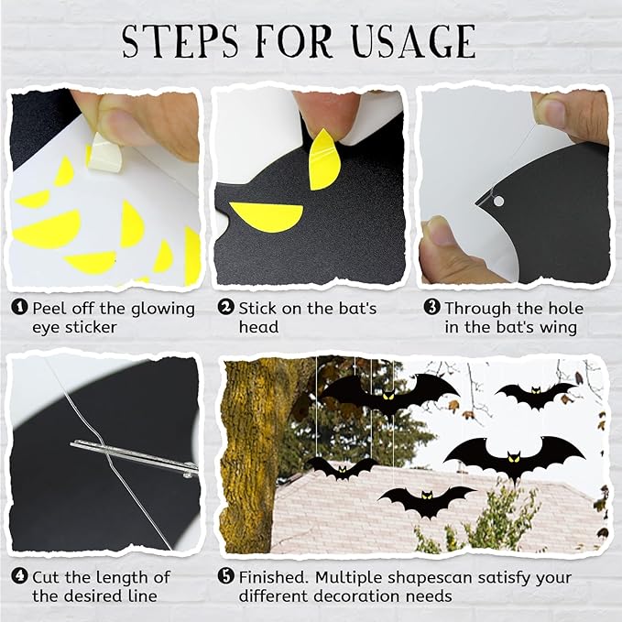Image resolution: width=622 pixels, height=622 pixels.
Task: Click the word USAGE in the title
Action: pyautogui.click(x=414, y=41)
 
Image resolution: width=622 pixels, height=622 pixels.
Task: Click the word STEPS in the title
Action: pyautogui.click(x=180, y=41)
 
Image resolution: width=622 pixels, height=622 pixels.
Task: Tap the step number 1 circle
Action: pyautogui.click(x=19, y=308)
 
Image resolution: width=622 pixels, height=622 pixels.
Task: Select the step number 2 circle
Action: pyautogui.click(x=226, y=308)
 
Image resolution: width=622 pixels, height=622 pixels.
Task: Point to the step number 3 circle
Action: pyautogui.click(x=432, y=308)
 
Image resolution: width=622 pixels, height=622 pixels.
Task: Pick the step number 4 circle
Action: pyautogui.click(x=19, y=576)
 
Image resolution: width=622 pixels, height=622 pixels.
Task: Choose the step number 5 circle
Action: pyautogui.click(x=226, y=576)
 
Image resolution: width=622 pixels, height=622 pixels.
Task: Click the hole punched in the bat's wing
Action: pyautogui.click(x=498, y=202)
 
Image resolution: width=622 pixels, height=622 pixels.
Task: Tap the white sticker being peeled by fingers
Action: pyautogui.click(x=104, y=153)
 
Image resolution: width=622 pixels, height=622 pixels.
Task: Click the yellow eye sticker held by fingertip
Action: pyautogui.click(x=324, y=158)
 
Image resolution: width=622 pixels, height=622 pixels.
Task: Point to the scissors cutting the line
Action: pyautogui.click(x=134, y=457)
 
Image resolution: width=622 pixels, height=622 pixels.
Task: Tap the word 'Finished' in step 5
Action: pyautogui.click(x=273, y=577)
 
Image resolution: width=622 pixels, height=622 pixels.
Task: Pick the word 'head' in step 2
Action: pyautogui.click(x=258, y=327)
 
